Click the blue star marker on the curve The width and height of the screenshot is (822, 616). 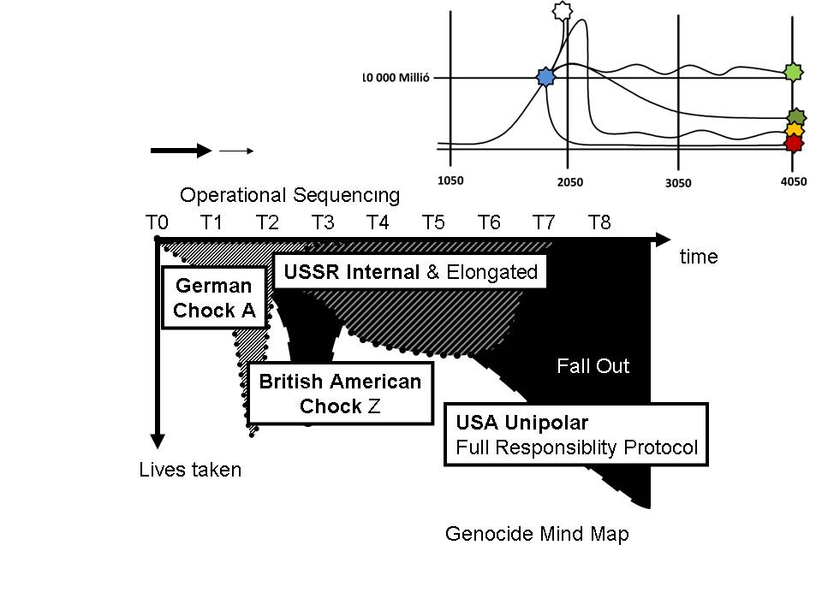pyautogui.click(x=545, y=78)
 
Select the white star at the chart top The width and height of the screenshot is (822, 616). pyautogui.click(x=562, y=11)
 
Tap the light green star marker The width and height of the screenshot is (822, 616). pyautogui.click(x=795, y=74)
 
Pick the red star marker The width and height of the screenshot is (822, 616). pyautogui.click(x=795, y=142)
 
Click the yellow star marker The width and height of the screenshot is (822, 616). pyautogui.click(x=795, y=130)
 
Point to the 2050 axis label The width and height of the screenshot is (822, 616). pyautogui.click(x=569, y=181)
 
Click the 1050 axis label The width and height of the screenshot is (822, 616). pyautogui.click(x=451, y=181)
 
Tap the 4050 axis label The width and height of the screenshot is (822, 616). pyautogui.click(x=792, y=181)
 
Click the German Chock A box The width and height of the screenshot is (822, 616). pyautogui.click(x=214, y=298)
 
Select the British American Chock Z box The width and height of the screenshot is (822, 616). pyautogui.click(x=340, y=394)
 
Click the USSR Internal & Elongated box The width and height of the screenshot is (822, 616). pyautogui.click(x=410, y=272)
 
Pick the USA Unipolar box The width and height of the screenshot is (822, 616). pyautogui.click(x=576, y=435)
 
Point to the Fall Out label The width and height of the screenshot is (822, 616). pyautogui.click(x=593, y=367)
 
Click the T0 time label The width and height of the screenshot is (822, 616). pyautogui.click(x=156, y=222)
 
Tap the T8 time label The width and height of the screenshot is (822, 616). pyautogui.click(x=599, y=222)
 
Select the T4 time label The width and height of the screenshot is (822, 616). pyautogui.click(x=378, y=222)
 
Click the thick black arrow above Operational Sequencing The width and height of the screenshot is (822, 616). pyautogui.click(x=181, y=151)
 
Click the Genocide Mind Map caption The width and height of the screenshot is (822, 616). pyautogui.click(x=537, y=535)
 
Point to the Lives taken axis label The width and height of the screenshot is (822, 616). pyautogui.click(x=190, y=469)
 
